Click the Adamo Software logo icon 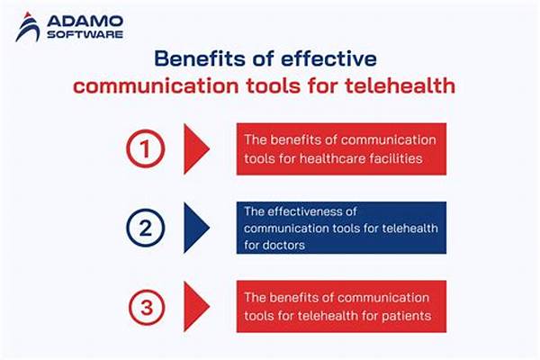tap(28, 27)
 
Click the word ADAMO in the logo tap(85, 22)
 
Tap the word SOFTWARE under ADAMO tap(85, 34)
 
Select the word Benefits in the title tap(200, 58)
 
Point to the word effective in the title tap(328, 58)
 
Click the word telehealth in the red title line tap(400, 85)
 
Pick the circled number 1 tap(145, 148)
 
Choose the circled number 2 tap(145, 228)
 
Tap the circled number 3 tap(147, 307)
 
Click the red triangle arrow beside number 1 tap(195, 148)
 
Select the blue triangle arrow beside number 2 tap(195, 228)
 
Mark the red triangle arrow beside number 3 tap(195, 306)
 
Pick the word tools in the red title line tap(273, 85)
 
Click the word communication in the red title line tap(156, 85)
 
